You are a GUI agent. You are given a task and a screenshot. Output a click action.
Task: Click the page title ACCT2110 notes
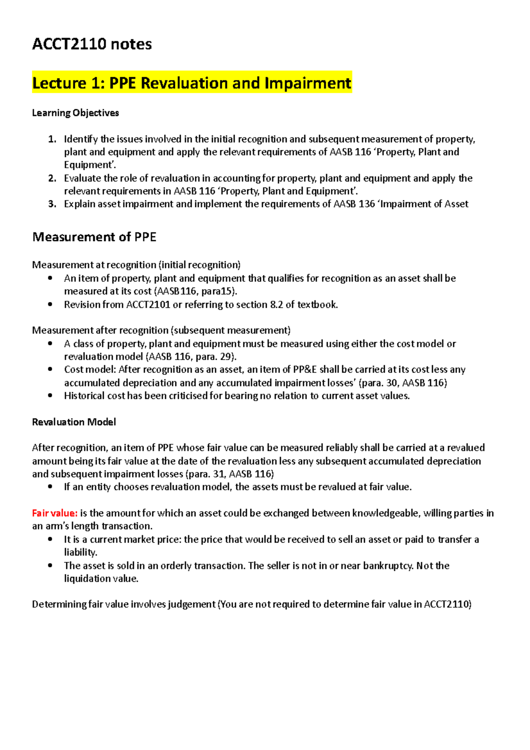(92, 44)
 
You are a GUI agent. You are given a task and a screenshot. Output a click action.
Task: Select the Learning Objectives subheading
(76, 113)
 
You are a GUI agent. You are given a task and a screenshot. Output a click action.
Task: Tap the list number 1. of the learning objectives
(52, 139)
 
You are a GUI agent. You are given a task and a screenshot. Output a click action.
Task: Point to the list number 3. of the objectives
(52, 204)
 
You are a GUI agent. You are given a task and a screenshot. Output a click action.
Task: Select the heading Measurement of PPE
(94, 237)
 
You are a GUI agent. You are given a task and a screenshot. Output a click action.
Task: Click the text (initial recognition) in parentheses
(200, 265)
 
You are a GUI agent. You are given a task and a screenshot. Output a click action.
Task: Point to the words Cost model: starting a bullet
(90, 370)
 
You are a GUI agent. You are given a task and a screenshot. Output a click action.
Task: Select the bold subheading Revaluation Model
(74, 422)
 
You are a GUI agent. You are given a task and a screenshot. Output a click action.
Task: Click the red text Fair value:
(55, 513)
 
